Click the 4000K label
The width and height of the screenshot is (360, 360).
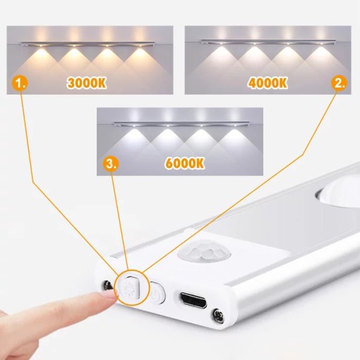[x=268, y=81]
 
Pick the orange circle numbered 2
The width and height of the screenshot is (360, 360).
[x=340, y=82]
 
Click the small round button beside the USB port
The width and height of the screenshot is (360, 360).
[x=158, y=292]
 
